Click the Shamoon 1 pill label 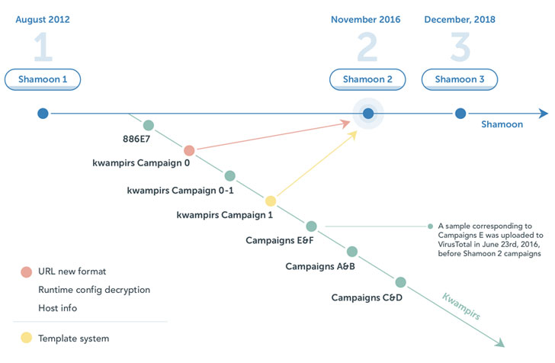click(43, 79)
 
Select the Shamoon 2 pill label click(368, 79)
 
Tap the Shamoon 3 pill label click(460, 79)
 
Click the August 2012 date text click(43, 20)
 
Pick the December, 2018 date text click(460, 20)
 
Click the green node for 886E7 click(149, 125)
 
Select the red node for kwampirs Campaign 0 click(189, 150)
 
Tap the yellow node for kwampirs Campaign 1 click(270, 201)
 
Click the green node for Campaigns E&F click(311, 226)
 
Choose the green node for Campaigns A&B click(351, 252)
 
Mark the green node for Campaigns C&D click(401, 282)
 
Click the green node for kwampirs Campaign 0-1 click(229, 176)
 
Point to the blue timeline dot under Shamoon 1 click(43, 114)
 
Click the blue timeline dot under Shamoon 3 click(460, 114)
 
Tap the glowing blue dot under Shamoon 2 click(368, 114)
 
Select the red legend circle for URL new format click(27, 271)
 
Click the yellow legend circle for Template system click(27, 338)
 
